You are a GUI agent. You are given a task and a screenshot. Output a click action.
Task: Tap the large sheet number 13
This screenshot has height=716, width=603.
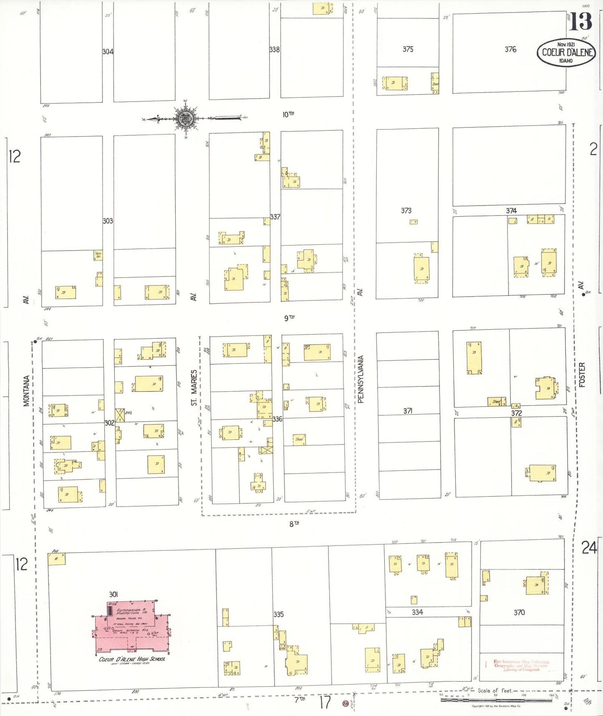pos(580,21)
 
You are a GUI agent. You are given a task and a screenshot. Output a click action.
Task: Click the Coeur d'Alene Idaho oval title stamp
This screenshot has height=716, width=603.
pos(566,53)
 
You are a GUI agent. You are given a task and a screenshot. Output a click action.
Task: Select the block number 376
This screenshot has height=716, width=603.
pos(510,49)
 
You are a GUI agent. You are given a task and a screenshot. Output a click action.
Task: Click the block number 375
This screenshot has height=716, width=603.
pos(408,49)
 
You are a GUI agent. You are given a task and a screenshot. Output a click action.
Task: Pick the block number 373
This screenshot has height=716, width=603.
pos(406,211)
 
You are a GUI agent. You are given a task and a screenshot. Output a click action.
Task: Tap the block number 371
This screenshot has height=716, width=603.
pos(408,411)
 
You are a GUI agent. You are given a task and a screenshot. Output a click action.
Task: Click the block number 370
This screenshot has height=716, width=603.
pos(519,612)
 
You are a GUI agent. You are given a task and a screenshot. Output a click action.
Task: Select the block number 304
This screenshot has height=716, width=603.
pos(108,52)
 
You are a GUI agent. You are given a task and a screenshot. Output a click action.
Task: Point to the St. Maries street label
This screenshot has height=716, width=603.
pos(194,387)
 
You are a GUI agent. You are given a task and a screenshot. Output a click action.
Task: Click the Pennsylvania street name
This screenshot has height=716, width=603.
pos(361,379)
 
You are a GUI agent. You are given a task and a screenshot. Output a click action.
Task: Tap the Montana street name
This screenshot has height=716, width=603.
pos(26,391)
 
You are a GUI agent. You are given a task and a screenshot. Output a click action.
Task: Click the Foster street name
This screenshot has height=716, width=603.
pos(582,375)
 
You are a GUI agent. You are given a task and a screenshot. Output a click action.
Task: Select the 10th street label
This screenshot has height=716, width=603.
pos(288,114)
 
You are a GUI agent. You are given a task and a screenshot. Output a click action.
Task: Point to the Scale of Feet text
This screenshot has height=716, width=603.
pos(495,691)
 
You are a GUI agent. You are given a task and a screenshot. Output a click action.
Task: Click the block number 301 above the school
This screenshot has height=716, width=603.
pos(114,594)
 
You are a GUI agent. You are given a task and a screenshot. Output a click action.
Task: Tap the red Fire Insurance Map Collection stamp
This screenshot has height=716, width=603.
pos(521,665)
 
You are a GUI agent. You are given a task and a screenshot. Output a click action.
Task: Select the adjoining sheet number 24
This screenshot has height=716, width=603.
pos(589,547)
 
